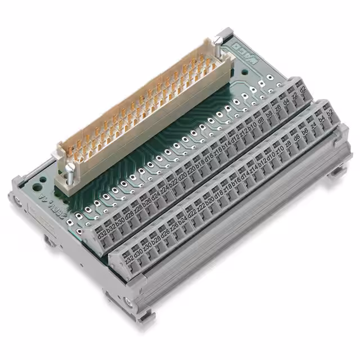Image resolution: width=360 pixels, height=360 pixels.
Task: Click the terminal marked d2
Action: (302, 90)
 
